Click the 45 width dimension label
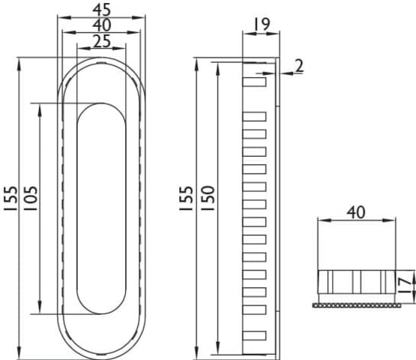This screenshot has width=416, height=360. (x=102, y=10)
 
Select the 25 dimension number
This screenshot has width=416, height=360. (x=102, y=41)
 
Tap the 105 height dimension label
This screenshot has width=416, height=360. (x=31, y=198)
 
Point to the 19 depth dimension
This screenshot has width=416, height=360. (x=262, y=24)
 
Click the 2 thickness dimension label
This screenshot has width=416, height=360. (x=299, y=65)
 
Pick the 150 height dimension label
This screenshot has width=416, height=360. (x=208, y=198)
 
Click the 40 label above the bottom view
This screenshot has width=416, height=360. (x=356, y=212)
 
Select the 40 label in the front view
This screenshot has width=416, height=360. (x=102, y=25)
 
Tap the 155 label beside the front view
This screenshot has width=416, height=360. (x=10, y=198)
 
